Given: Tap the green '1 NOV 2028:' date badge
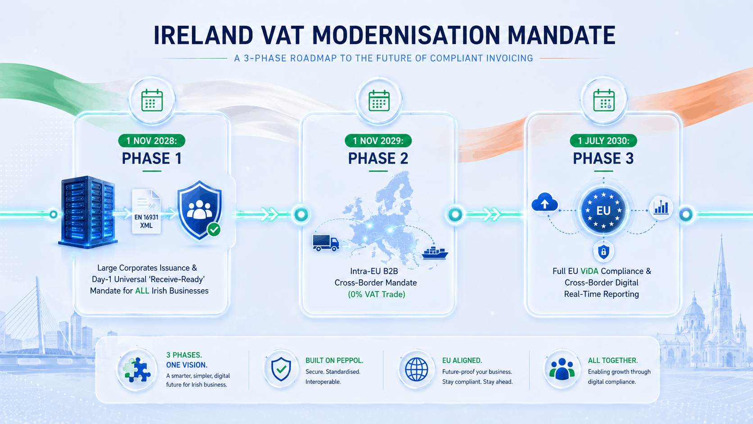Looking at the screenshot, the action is pos(152,141).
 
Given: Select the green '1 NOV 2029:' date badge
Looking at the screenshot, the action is pos(378,141).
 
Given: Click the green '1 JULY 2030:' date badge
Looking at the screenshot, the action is pos(603,141).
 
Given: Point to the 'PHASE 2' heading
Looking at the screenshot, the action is pos(378,158).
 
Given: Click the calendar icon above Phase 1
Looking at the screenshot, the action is pos(152,100).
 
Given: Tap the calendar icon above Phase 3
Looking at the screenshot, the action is pos(604,100).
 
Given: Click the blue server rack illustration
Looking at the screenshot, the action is pos(88,212).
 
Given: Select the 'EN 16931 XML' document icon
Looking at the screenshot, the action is pos(146,211).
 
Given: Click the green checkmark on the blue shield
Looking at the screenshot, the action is pos(214,230).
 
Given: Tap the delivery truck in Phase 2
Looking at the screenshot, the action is pos(326,243).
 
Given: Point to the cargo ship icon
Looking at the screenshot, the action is pos(435,253).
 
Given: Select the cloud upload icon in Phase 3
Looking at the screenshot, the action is pos(544,202).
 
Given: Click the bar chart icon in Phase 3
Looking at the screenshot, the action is pos(661,207).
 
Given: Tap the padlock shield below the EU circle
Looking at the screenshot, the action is pos(603,251).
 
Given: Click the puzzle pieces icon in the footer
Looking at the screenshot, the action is pos(137,370).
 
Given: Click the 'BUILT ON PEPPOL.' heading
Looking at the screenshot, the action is pos(335,360).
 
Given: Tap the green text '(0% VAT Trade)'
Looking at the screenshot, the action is pos(376,295).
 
